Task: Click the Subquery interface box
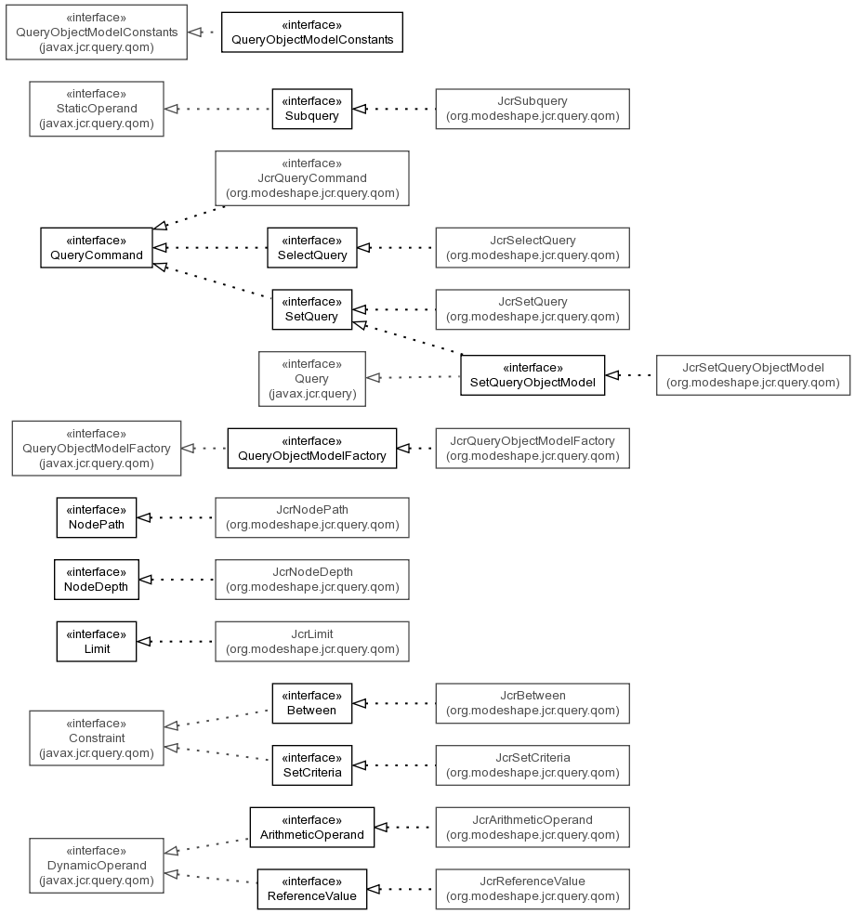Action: [x=312, y=109]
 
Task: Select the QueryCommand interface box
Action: [x=97, y=248]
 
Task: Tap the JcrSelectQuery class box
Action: [x=533, y=248]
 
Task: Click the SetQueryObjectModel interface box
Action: [x=533, y=375]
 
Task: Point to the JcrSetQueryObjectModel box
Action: [x=753, y=375]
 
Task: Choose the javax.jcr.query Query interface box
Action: [x=312, y=379]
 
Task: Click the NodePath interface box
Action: [x=97, y=517]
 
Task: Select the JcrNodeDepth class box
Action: [x=312, y=580]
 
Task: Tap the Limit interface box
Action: [x=97, y=642]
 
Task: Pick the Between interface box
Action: [x=312, y=703]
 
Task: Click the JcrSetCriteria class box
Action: [x=533, y=765]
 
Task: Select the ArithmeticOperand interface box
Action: [x=312, y=827]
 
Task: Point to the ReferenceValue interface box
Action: [x=312, y=889]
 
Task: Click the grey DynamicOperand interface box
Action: [x=97, y=866]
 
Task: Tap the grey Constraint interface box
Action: [x=97, y=738]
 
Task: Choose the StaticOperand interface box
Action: [x=97, y=109]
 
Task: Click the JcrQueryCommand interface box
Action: [x=312, y=178]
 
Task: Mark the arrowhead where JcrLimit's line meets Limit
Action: [x=143, y=642]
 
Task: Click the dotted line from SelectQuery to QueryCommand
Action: [x=210, y=248]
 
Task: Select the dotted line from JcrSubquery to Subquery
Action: [x=394, y=109]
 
